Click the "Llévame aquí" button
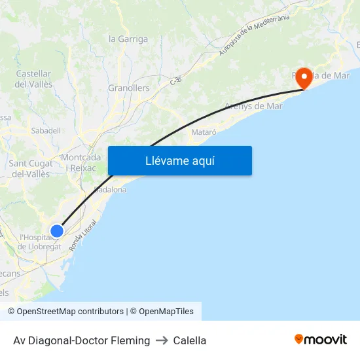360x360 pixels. click(179, 160)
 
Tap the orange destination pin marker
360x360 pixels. click(304, 78)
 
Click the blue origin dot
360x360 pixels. click(57, 230)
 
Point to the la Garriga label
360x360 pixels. click(128, 39)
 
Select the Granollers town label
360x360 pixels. click(128, 88)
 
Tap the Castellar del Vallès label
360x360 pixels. click(33, 79)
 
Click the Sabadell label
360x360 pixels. click(46, 130)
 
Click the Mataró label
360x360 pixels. click(204, 132)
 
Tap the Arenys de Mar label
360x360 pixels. click(253, 106)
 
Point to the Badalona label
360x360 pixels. click(110, 189)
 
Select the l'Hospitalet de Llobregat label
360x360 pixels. click(40, 242)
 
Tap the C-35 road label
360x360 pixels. click(175, 81)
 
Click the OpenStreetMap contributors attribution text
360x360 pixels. click(70, 312)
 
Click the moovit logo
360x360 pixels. click(320, 339)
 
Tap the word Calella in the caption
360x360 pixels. click(190, 340)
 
